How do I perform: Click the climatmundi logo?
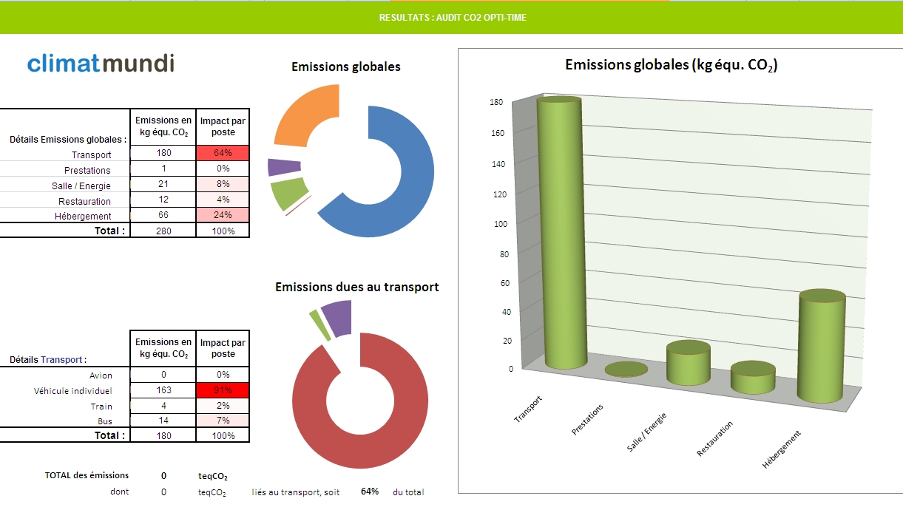101,64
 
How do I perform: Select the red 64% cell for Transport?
223,153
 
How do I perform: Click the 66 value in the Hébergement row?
163,214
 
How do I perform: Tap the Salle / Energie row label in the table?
81,186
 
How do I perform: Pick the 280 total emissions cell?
163,231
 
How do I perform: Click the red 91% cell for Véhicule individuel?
223,390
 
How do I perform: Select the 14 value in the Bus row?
163,421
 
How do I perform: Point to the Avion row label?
101,375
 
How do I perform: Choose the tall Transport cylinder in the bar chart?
561,233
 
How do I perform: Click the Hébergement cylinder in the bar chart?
822,346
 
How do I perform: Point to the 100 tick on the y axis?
501,224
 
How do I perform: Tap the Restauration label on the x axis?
714,439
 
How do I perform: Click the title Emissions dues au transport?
356,287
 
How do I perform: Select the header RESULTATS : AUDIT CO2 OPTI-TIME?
453,18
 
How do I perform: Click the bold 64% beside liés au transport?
370,492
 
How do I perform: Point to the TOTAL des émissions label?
87,475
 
